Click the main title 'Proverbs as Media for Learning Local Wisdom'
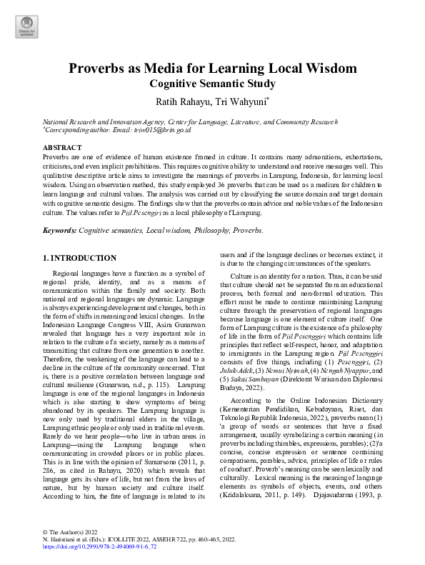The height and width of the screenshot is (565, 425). tap(212, 69)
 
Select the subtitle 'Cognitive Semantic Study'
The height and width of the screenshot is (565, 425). tap(212, 84)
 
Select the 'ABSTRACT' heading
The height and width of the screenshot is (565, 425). tap(62, 147)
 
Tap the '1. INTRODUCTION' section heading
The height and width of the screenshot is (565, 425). tap(79, 258)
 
